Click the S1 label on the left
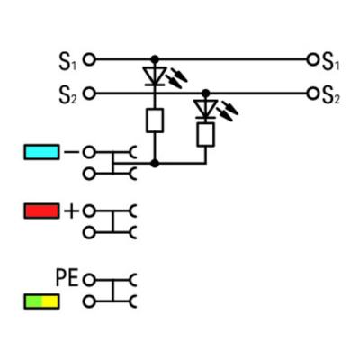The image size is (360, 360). (67, 62)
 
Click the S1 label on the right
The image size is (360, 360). (331, 62)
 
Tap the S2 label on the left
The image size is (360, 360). (67, 95)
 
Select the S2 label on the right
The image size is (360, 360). (331, 95)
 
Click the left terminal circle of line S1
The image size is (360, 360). (89, 59)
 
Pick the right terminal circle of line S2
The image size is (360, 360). (312, 94)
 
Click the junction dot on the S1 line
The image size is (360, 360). (155, 59)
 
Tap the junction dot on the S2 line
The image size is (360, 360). (205, 94)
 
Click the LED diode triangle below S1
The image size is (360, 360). (155, 76)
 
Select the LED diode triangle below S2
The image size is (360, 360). (205, 109)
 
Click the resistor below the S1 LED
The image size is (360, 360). (155, 121)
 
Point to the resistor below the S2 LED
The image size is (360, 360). (205, 135)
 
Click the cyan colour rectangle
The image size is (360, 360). (41, 152)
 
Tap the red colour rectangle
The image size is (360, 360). (41, 211)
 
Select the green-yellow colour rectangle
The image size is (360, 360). (41, 301)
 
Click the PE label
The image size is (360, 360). (67, 277)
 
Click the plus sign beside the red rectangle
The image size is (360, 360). (71, 211)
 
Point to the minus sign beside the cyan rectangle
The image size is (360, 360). (71, 152)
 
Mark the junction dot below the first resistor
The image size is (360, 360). (155, 164)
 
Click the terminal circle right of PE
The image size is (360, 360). (89, 281)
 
